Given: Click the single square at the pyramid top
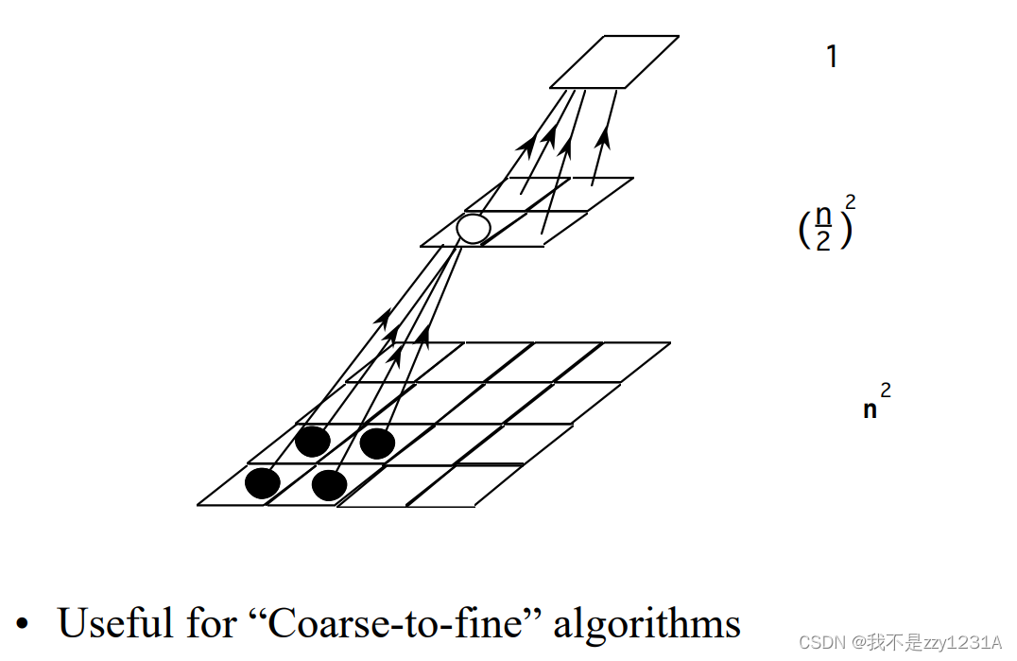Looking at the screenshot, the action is [x=614, y=61].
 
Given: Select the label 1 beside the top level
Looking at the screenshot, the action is [x=832, y=58].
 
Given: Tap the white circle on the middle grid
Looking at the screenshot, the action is [x=473, y=228].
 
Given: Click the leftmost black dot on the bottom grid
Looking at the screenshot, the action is [x=263, y=483].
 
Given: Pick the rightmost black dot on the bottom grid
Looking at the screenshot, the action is [x=377, y=443].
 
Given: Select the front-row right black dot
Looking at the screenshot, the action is [x=329, y=485].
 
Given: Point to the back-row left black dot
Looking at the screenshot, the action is [x=312, y=441].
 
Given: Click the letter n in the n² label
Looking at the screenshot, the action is [x=870, y=410].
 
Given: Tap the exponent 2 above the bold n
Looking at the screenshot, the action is [x=886, y=389].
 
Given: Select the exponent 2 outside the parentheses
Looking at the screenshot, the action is [x=851, y=201].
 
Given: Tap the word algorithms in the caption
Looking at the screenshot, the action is [x=646, y=623].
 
